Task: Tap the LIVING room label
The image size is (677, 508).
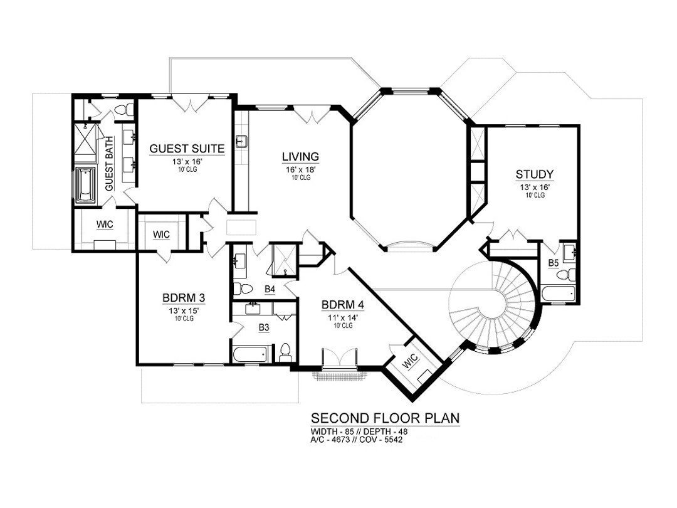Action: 300,156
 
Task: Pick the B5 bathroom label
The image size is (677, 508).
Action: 554,263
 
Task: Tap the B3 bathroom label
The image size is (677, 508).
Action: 264,327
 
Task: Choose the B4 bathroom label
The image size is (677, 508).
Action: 270,289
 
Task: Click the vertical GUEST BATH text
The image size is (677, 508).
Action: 109,164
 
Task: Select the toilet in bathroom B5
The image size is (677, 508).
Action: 569,275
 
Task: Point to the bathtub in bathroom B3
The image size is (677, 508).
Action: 249,354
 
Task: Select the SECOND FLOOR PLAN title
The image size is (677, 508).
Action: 385,418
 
